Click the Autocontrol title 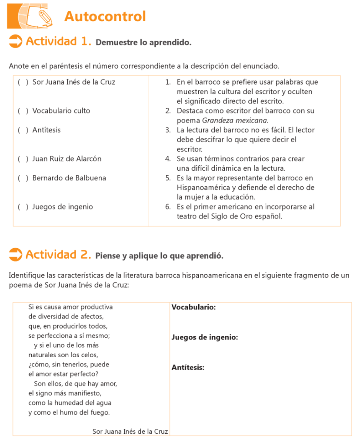tap(105, 17)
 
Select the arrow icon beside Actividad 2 tap(15, 255)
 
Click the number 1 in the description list tap(167, 82)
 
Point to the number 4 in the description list tap(167, 159)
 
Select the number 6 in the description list tap(167, 207)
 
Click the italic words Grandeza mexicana tap(244, 120)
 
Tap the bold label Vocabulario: tap(193, 307)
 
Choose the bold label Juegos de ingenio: tap(204, 337)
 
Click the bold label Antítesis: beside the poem tap(188, 368)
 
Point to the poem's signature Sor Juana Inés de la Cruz tap(130, 431)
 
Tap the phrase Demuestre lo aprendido tap(143, 43)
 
